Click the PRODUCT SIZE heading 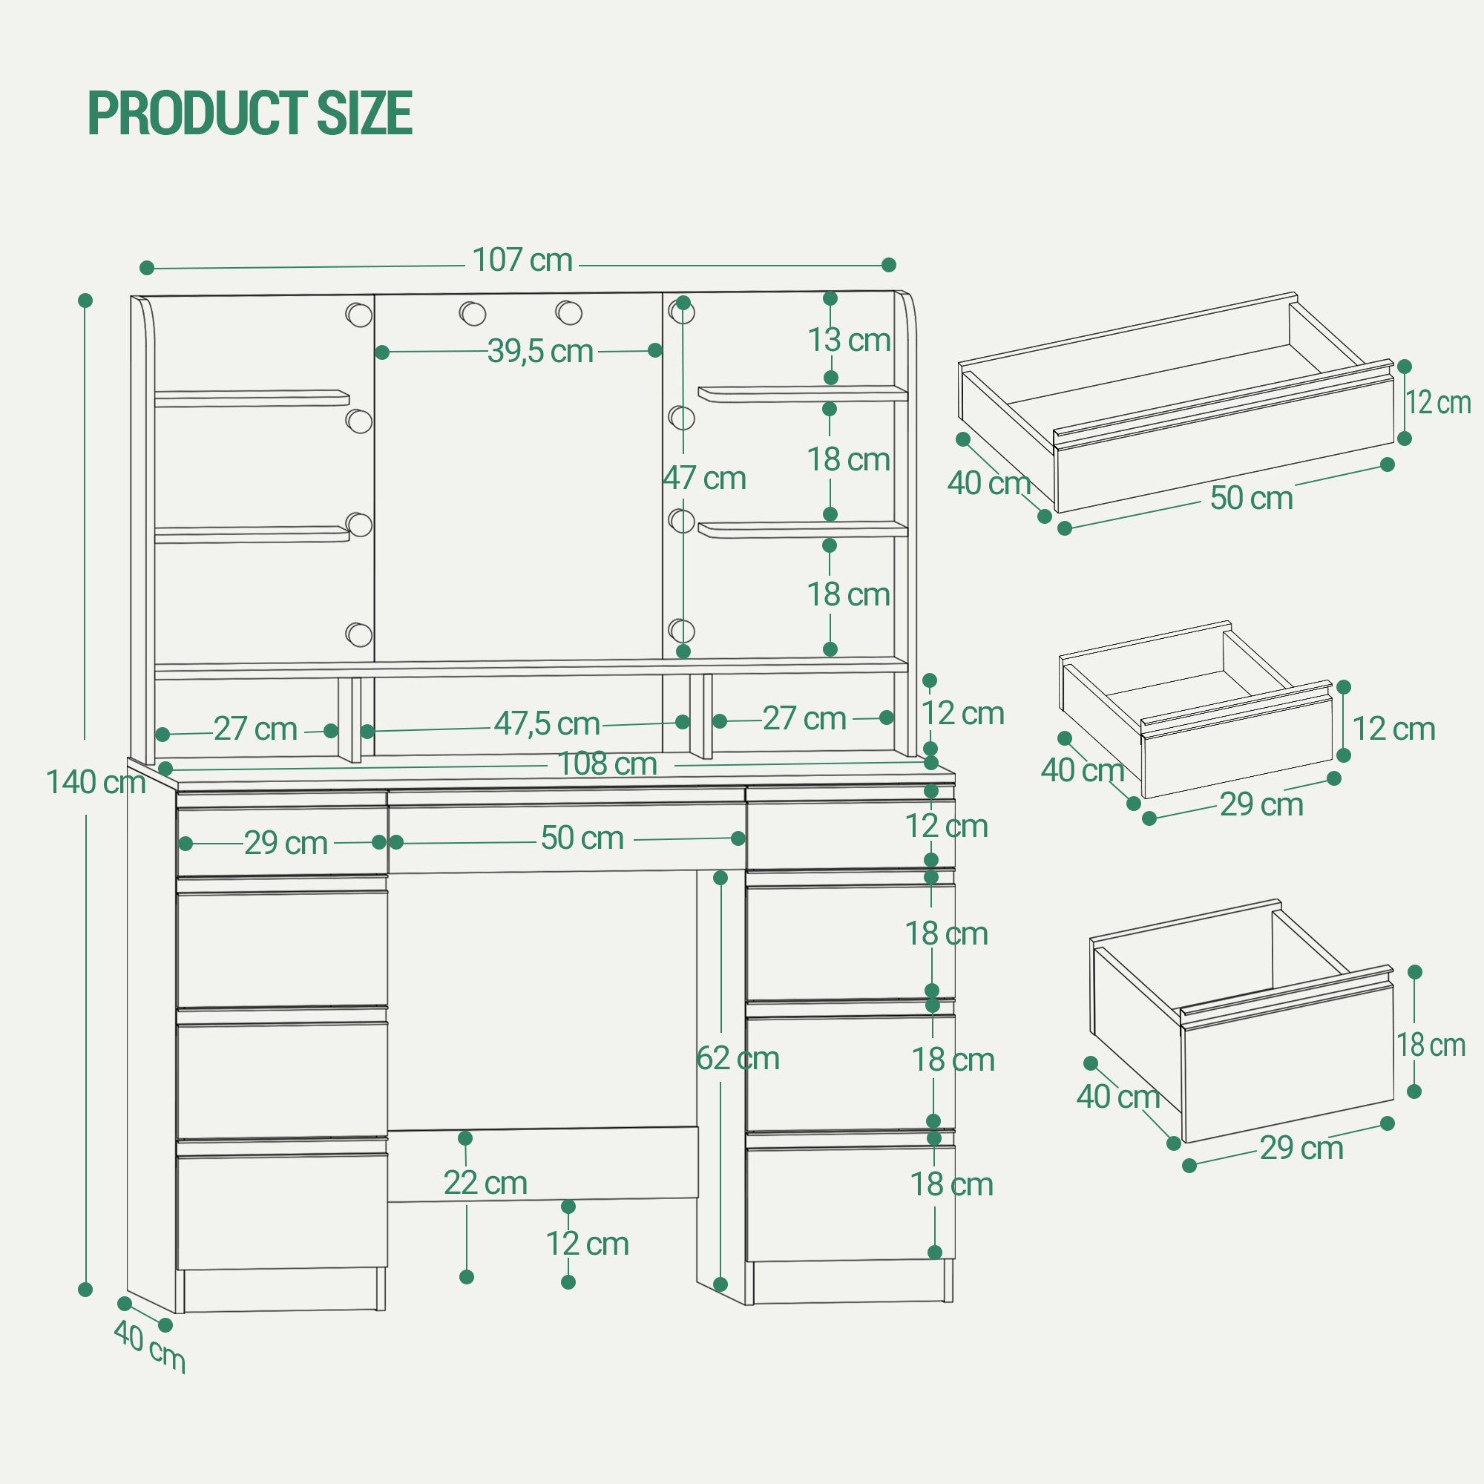(x=250, y=113)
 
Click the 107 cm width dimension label (x=522, y=260)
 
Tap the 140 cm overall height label (x=96, y=783)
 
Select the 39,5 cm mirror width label (x=541, y=351)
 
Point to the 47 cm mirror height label (x=704, y=479)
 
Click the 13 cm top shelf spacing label (x=849, y=341)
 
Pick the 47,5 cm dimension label (x=547, y=723)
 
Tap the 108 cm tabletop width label (x=607, y=764)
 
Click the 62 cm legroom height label (x=738, y=1059)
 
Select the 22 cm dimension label (x=485, y=1183)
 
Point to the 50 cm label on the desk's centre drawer (x=582, y=838)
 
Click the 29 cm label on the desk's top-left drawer (x=286, y=844)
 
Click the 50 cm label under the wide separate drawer (x=1251, y=499)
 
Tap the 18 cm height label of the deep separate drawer (x=1431, y=1045)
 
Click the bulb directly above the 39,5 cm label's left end (x=358, y=314)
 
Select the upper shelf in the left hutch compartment (x=252, y=398)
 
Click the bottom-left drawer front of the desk (x=282, y=1210)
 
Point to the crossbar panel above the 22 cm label (x=543, y=1163)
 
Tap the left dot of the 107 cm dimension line (x=147, y=268)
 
